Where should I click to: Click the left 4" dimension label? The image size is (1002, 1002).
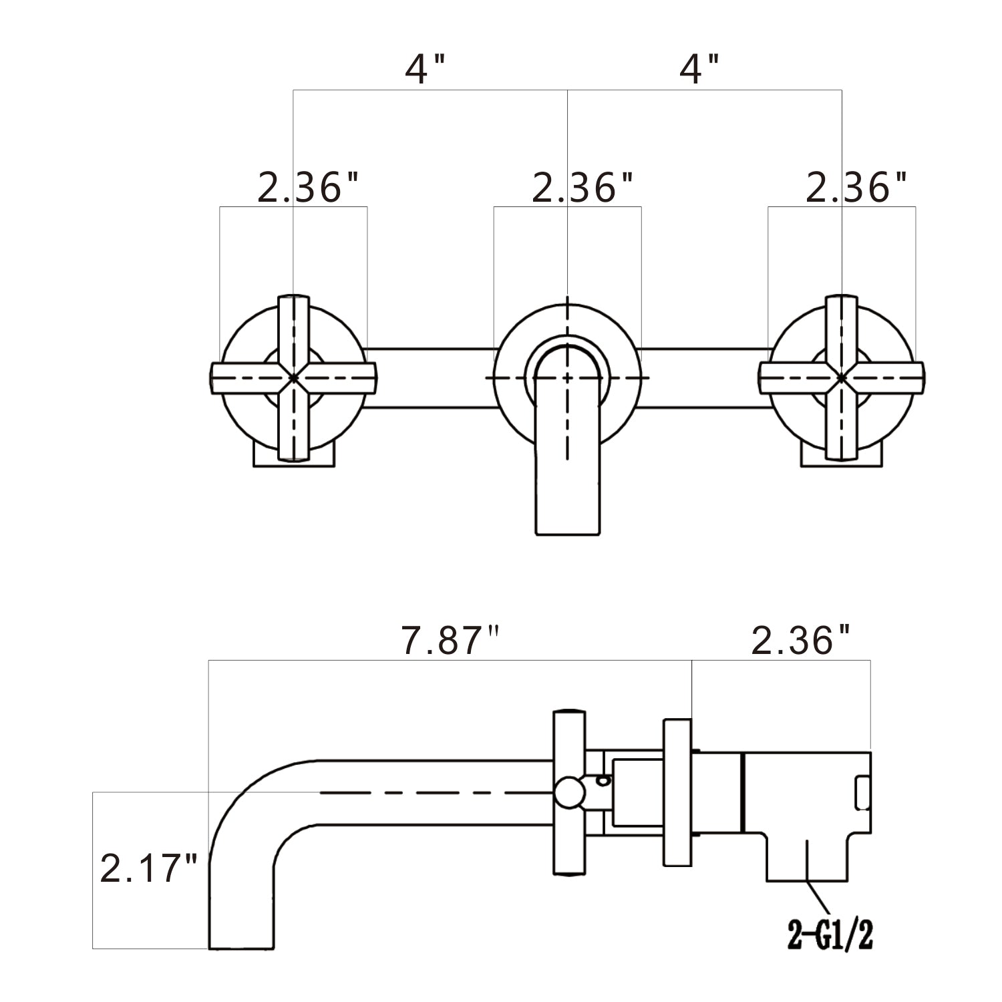point(426,69)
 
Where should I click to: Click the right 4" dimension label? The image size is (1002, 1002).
point(699,69)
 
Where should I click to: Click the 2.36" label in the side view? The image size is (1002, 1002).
point(802,641)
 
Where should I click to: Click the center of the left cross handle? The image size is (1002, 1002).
point(293,377)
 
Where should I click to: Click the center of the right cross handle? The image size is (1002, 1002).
point(842,377)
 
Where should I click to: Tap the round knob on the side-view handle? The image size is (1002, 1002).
point(569,793)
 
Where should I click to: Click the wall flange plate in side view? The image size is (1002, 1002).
point(677,793)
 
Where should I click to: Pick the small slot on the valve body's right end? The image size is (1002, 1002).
point(863,793)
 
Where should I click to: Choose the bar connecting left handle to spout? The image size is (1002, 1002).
point(431,377)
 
